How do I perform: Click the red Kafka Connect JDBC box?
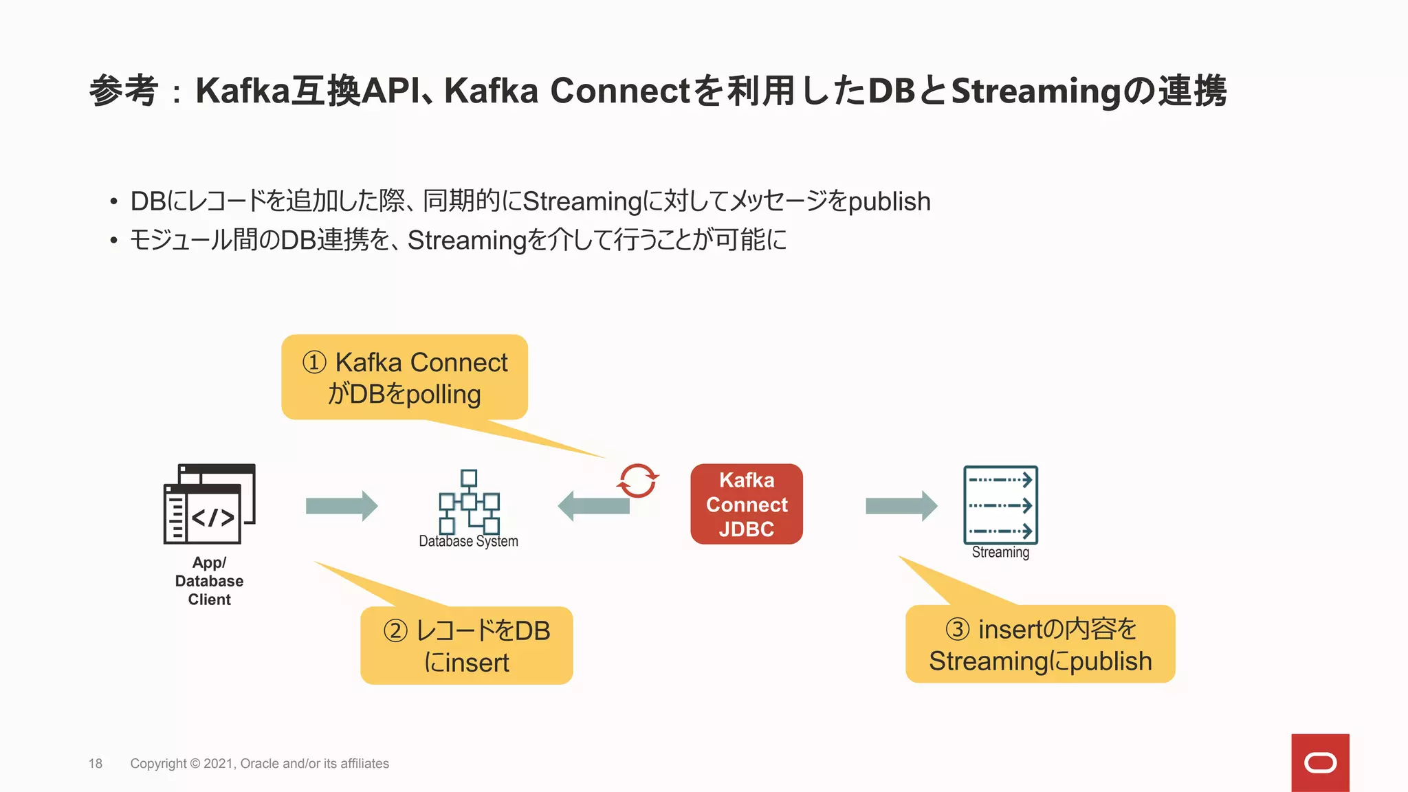pos(747,504)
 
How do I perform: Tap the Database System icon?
pos(469,502)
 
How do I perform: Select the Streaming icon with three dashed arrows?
pos(1000,505)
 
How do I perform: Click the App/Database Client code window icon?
pos(209,503)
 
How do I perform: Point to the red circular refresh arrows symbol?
pos(637,480)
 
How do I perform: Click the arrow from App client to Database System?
pos(341,506)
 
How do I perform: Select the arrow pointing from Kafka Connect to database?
pos(593,506)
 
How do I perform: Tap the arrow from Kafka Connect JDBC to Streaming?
pos(901,506)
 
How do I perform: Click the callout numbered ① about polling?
pos(404,377)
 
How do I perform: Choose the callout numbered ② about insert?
pos(466,646)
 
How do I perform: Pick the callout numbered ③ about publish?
pos(1039,644)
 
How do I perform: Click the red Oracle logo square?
pos(1320,762)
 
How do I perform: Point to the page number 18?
pos(96,763)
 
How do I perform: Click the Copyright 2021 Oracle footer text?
pos(259,763)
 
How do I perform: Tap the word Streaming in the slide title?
pos(1035,91)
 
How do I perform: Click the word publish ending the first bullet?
pos(890,201)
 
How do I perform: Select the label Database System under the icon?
pos(468,541)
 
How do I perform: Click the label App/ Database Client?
pos(209,581)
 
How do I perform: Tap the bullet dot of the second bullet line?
pos(113,241)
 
